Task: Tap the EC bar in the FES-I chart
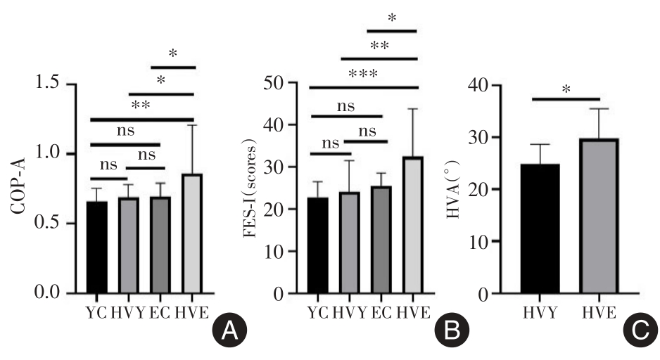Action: click(381, 239)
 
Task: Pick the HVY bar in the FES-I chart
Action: click(348, 242)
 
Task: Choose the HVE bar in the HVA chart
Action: click(599, 215)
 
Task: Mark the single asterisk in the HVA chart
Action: click(566, 90)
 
